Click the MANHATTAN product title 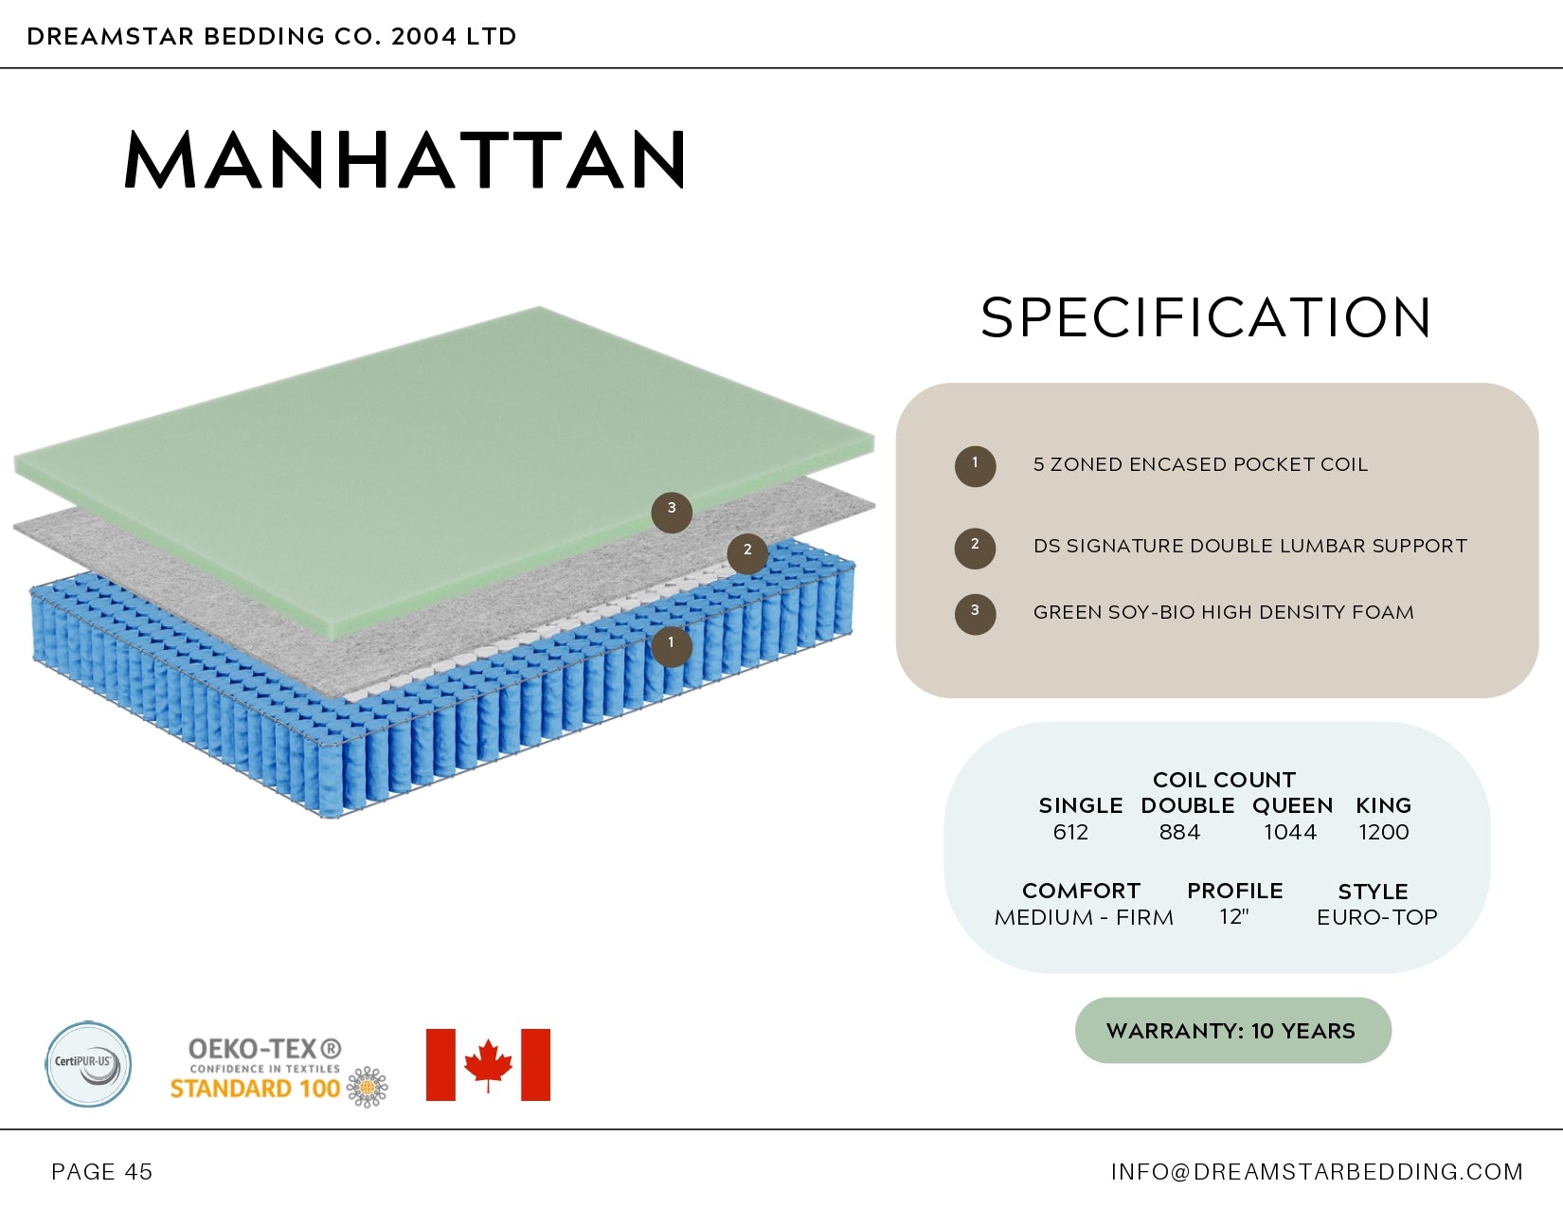click(405, 160)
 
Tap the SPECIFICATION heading click(1206, 317)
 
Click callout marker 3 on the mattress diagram click(672, 512)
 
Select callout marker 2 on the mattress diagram click(747, 553)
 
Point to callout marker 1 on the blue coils click(672, 646)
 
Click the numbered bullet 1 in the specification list click(975, 466)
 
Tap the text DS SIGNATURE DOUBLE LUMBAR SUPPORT click(1249, 547)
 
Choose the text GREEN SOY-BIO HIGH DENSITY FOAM click(1223, 613)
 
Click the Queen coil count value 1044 click(1290, 833)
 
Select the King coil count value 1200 click(1384, 833)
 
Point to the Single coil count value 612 click(1070, 833)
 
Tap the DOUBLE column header click(1187, 806)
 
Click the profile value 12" click(1234, 917)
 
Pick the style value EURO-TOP click(1376, 917)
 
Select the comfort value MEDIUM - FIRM click(1084, 918)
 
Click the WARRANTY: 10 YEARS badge click(1232, 1031)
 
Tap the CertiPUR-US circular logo click(88, 1064)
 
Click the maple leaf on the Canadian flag click(488, 1064)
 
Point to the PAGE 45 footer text click(102, 1172)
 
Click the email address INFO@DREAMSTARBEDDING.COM click(1317, 1172)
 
